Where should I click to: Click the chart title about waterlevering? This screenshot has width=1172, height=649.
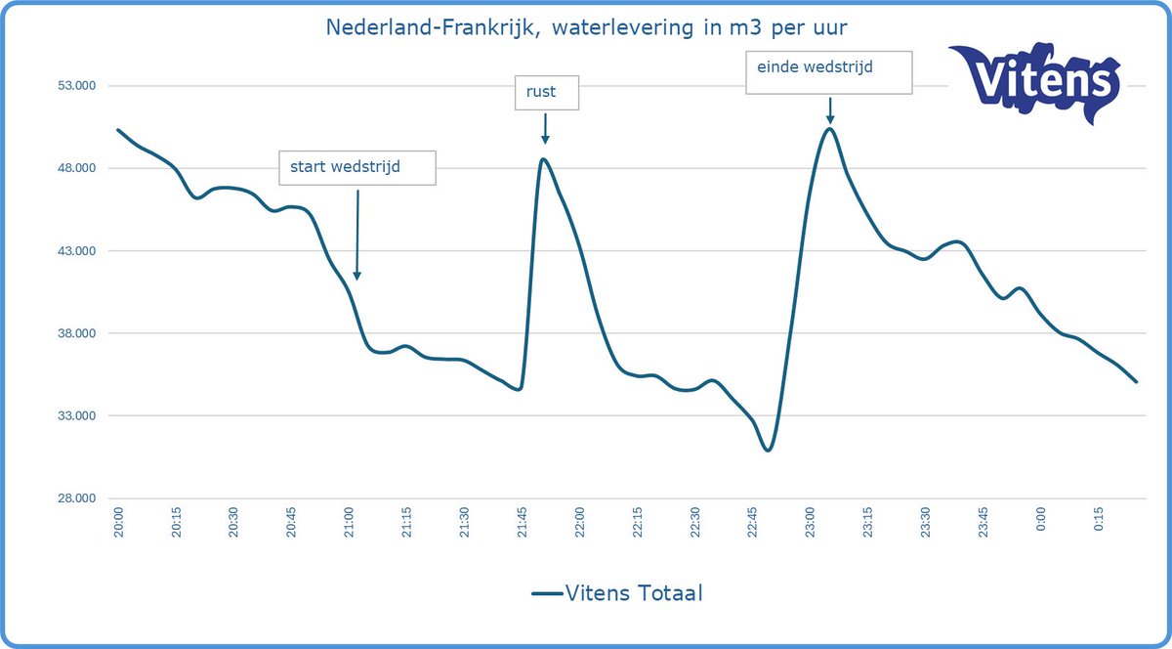click(586, 24)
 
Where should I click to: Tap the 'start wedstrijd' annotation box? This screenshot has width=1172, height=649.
click(356, 167)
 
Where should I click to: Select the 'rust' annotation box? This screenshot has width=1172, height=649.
click(547, 93)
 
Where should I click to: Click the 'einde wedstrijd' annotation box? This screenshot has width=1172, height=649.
click(828, 71)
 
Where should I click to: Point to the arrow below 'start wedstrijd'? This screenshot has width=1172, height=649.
click(356, 235)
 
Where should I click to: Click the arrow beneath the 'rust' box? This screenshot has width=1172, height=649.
click(545, 127)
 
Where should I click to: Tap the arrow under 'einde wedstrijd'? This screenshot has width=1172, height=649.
click(829, 109)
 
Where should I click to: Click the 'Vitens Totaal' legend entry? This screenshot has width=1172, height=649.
click(617, 592)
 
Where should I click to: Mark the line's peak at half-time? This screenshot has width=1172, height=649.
click(543, 158)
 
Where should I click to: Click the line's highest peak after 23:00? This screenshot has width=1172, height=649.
click(828, 128)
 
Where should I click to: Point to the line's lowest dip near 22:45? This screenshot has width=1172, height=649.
click(768, 450)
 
